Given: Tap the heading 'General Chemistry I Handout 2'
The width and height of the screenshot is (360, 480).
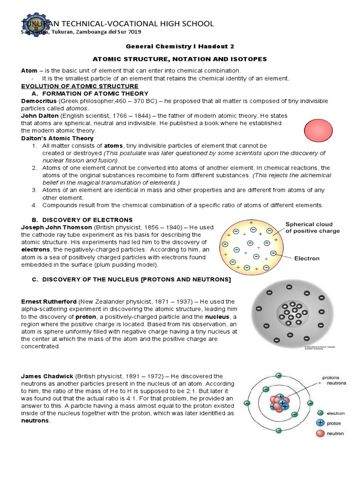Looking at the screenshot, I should tap(180, 47).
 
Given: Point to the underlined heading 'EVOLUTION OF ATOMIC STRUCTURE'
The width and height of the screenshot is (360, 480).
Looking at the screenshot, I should tap(80, 86).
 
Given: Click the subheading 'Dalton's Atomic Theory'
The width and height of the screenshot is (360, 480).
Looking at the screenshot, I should tap(57, 138).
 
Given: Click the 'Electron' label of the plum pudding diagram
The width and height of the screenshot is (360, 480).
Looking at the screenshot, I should tap(307, 258).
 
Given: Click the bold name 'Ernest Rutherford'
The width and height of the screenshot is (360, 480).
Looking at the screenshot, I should tap(49, 301).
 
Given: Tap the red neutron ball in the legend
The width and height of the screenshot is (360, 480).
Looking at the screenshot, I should tap(320, 433).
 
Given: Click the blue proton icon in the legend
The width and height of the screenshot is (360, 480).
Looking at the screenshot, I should tap(320, 423).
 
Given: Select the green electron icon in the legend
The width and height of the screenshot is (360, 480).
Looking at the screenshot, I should tap(320, 413).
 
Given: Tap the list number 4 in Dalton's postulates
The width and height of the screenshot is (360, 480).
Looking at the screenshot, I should tap(34, 205).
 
